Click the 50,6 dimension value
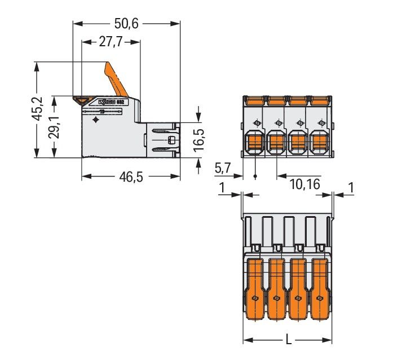[127, 24]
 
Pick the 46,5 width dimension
[130, 177]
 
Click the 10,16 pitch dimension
[304, 184]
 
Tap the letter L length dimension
[289, 340]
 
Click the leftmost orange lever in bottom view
[255, 282]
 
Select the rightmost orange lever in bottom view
[320, 282]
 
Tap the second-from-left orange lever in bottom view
[276, 282]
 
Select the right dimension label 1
[351, 188]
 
